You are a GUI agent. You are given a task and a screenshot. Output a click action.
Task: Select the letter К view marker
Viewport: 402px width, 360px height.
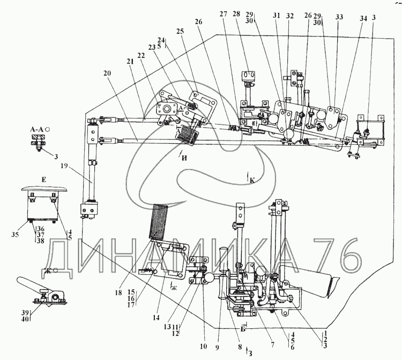tap(251, 180)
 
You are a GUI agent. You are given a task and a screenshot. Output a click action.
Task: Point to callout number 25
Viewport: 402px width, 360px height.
tap(180, 31)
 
